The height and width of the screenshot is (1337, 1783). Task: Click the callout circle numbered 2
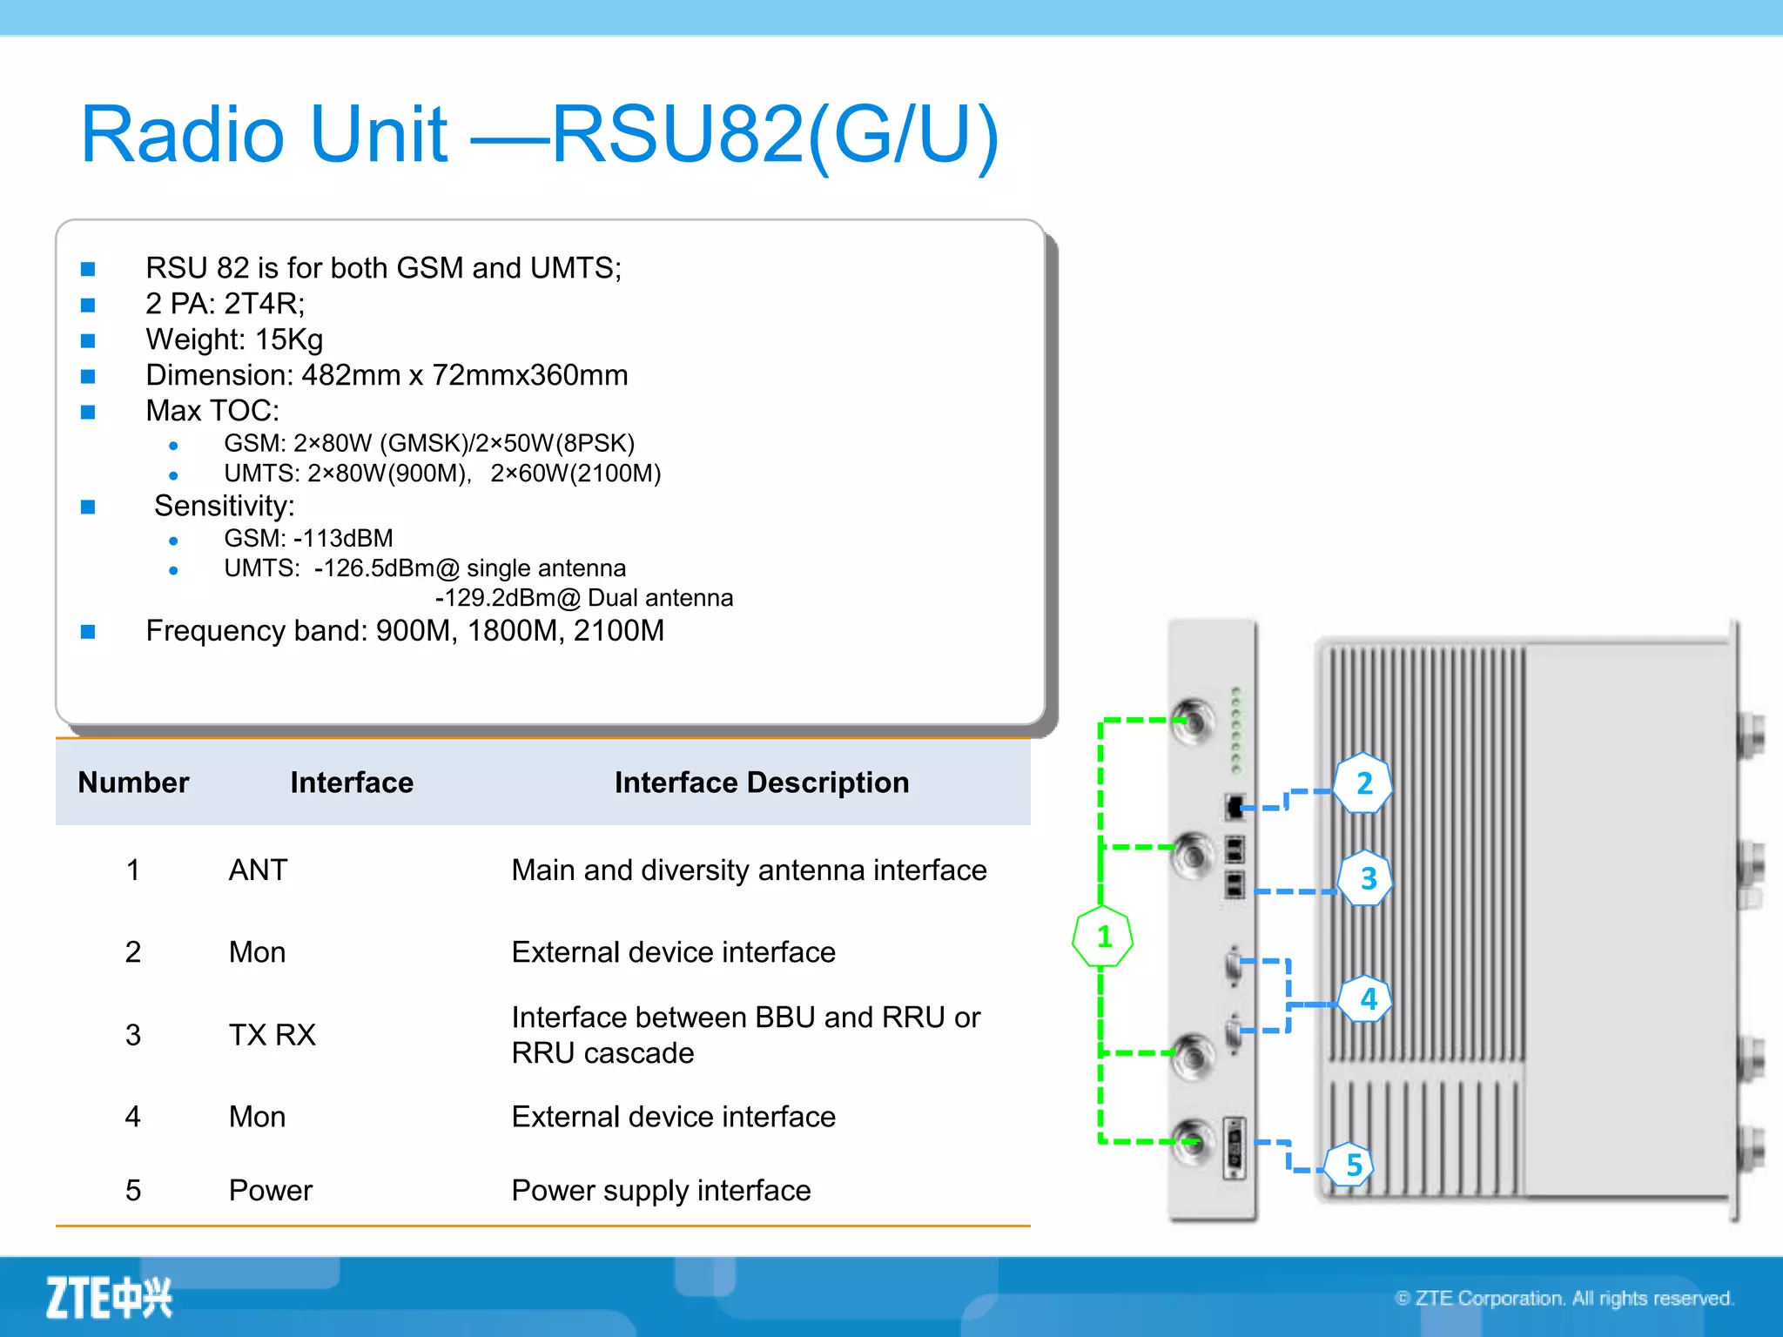[x=1363, y=783]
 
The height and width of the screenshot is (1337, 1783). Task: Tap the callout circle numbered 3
[x=1367, y=878]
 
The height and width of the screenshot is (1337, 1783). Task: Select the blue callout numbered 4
[x=1367, y=999]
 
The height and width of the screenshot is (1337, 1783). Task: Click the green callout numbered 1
[x=1103, y=937]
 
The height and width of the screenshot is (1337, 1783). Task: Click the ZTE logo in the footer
[x=109, y=1298]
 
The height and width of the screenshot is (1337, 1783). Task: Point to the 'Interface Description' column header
[x=761, y=783]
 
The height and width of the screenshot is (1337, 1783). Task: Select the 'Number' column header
[x=133, y=783]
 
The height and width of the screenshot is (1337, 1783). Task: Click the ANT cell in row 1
[x=258, y=870]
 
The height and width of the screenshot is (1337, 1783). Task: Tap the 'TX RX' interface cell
[x=272, y=1034]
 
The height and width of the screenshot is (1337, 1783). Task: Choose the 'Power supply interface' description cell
[x=661, y=1190]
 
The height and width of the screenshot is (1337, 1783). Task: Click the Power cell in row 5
[x=270, y=1190]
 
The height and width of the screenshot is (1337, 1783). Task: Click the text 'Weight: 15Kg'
[x=234, y=339]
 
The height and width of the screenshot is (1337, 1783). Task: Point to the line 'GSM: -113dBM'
[x=308, y=538]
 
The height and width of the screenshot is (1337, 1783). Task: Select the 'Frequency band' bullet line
[x=405, y=630]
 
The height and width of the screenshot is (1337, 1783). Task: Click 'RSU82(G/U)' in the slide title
[x=775, y=134]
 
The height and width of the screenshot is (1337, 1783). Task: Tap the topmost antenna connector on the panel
[x=1193, y=721]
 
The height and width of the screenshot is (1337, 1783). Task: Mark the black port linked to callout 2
[x=1235, y=806]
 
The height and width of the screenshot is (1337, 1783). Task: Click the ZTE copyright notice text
[x=1564, y=1298]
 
